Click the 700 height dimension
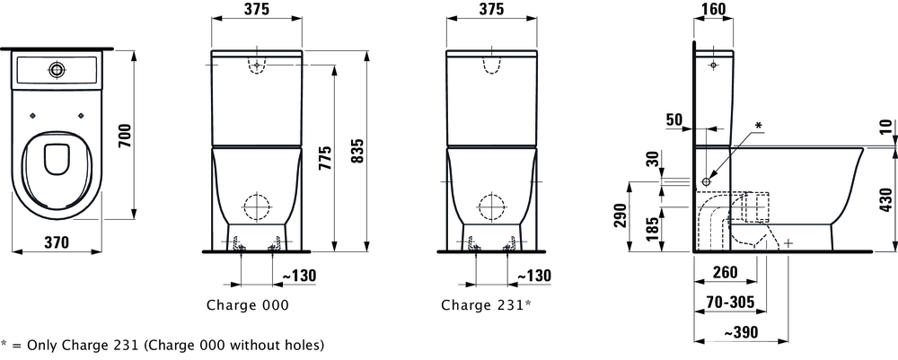point(126,135)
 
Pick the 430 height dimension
point(887,199)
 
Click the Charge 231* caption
point(486,305)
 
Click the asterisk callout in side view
point(759,125)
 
